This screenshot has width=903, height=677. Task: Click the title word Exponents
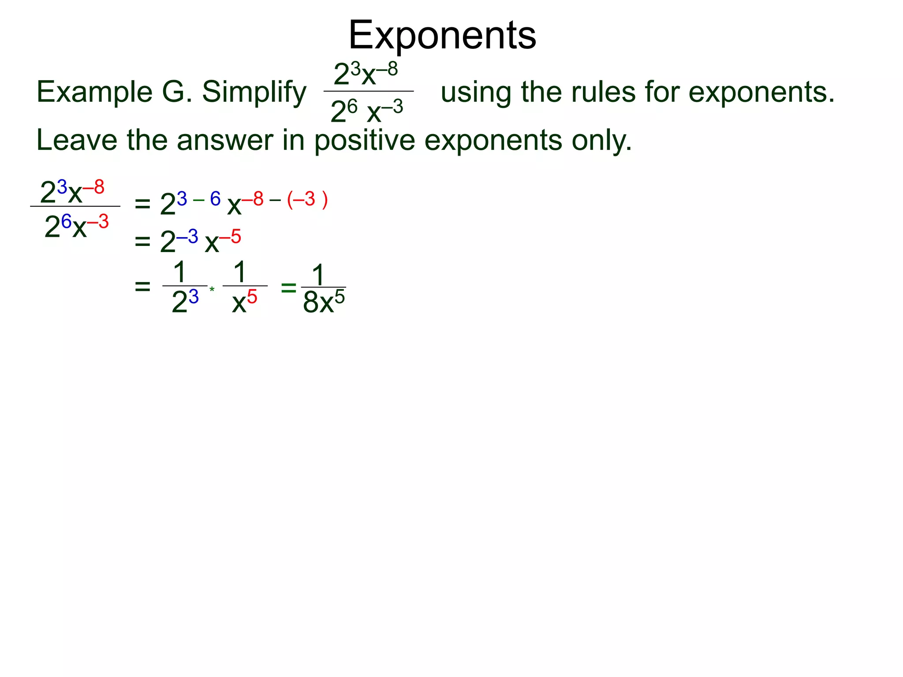442,35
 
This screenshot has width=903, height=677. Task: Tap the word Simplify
254,93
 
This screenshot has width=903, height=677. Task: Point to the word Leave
77,140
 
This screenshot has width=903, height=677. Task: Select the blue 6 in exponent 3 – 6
215,199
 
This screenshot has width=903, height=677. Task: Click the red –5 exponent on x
230,237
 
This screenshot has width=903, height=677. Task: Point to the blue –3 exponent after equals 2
187,237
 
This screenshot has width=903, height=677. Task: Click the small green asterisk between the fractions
212,290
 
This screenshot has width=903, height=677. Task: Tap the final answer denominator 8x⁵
324,302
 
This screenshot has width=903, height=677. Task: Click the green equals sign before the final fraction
288,288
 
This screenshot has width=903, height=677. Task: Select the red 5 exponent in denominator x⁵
252,297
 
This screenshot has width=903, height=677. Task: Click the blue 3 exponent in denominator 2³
194,297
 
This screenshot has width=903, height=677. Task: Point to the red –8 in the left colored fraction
93,187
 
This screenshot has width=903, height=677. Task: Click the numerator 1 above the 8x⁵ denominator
318,275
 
